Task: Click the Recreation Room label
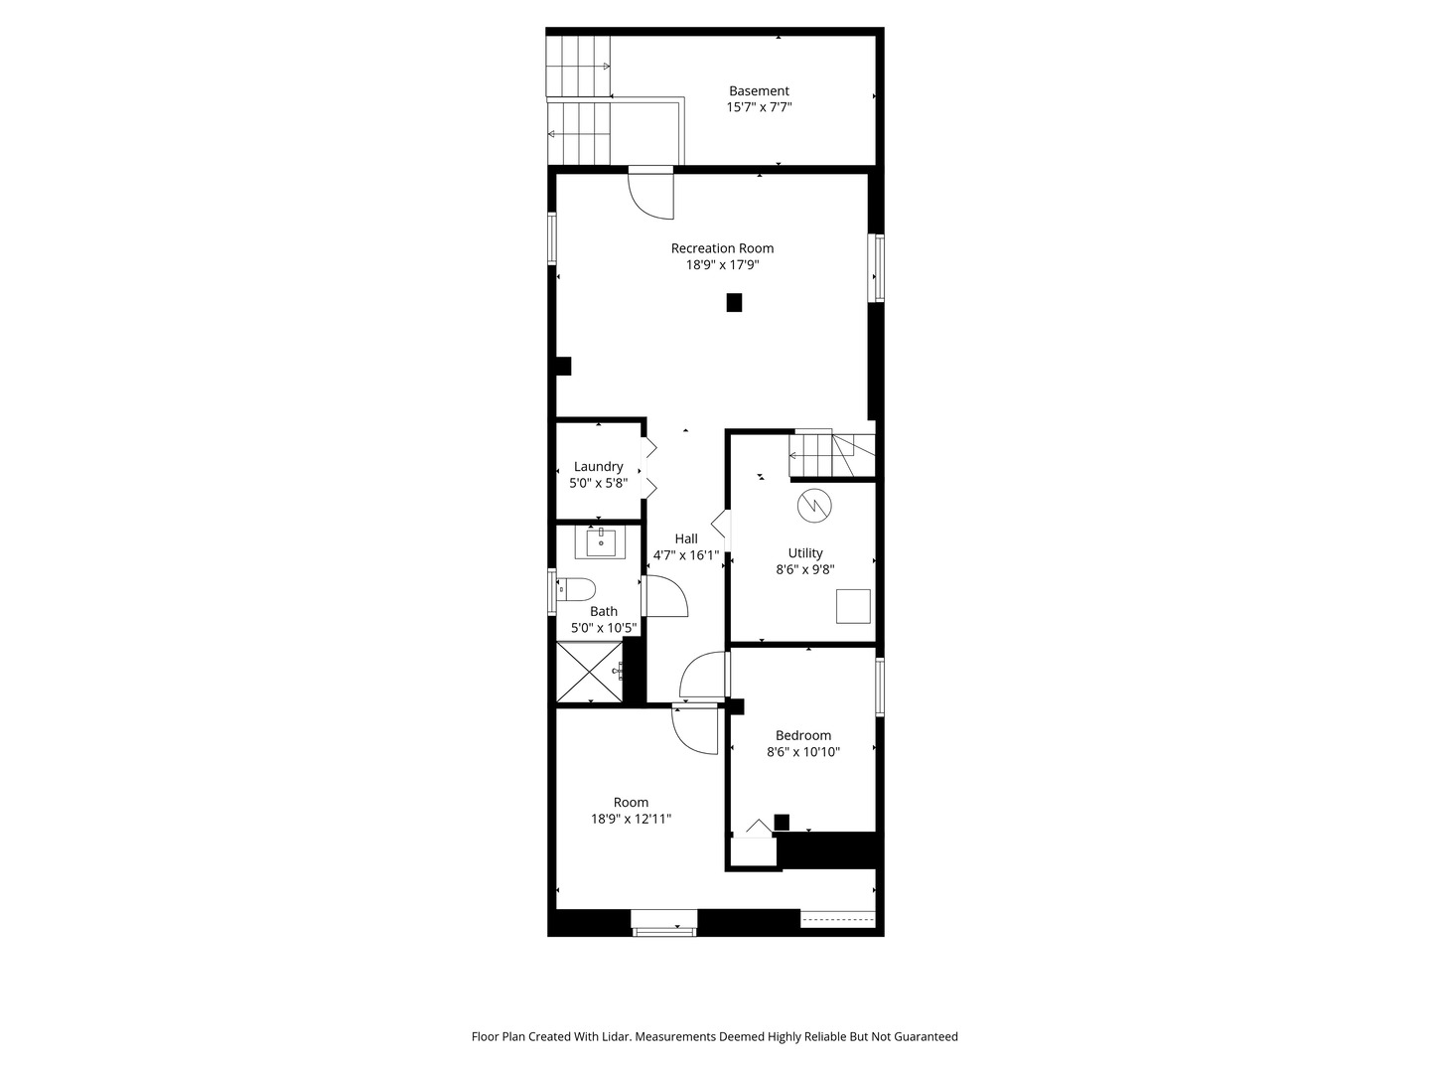722,248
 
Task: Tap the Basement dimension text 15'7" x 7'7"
759,107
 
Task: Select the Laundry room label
598,467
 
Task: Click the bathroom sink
601,542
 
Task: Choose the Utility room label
805,553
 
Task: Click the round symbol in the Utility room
814,507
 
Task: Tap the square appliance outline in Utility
853,606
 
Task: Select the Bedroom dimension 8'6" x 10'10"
803,752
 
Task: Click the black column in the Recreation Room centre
734,302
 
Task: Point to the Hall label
686,539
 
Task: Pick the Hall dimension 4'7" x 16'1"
686,555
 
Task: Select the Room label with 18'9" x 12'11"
631,803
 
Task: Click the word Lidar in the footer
611,1036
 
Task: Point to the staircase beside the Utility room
832,455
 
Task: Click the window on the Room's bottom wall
664,923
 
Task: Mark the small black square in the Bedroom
782,822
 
